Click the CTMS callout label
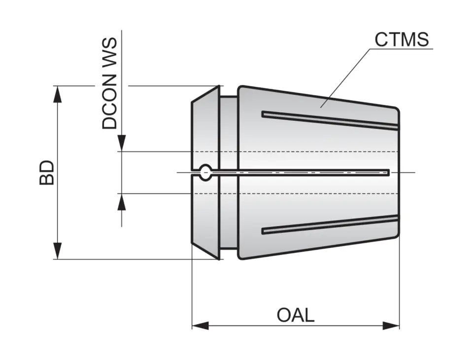[x=402, y=39]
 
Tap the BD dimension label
[x=47, y=172]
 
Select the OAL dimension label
[x=295, y=315]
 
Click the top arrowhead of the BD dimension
[x=58, y=94]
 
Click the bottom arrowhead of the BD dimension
[x=58, y=251]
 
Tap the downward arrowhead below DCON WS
[x=122, y=144]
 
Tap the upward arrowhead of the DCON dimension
[x=122, y=201]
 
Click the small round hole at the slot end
[x=205, y=172]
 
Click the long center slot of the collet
[x=301, y=172]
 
